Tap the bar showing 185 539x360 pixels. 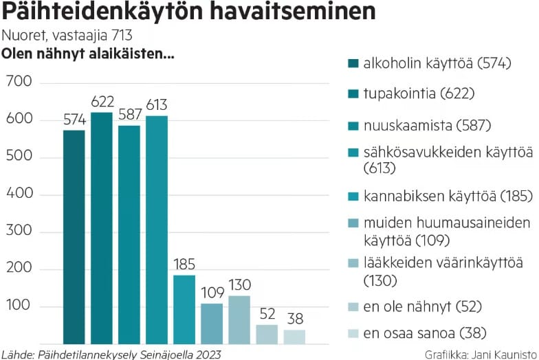point(184,309)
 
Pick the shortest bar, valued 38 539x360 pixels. point(294,337)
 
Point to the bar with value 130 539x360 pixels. point(239,319)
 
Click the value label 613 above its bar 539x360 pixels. point(157,106)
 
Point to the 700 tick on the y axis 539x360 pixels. point(19,82)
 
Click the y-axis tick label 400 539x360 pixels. point(19,194)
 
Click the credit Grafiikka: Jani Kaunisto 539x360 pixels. point(481,354)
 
